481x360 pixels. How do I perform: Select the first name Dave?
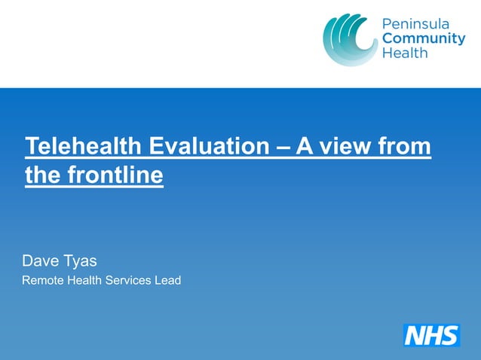(38, 261)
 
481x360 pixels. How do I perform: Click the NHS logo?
(431, 334)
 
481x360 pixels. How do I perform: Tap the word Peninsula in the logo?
(415, 25)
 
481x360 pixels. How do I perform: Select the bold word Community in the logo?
(424, 39)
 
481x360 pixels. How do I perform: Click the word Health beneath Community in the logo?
(405, 53)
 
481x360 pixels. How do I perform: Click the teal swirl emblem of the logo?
(349, 39)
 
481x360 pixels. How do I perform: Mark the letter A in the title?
(305, 146)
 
